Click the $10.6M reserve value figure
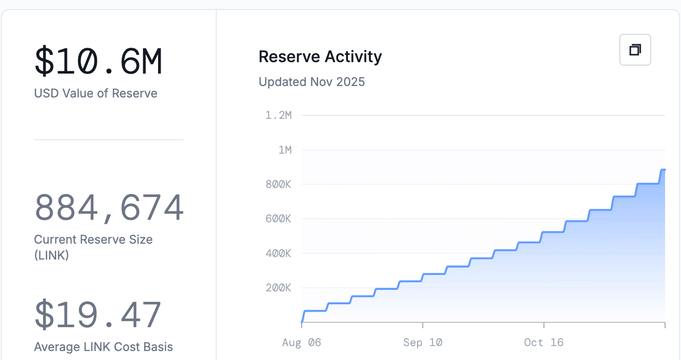tap(98, 62)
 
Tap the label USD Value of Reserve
tap(95, 93)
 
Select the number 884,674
tap(109, 208)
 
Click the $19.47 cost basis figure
tap(97, 314)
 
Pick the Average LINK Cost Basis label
tap(103, 347)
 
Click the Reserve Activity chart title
tap(320, 57)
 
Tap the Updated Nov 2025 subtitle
tap(312, 82)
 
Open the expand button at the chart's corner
tap(635, 50)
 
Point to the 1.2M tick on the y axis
tap(278, 115)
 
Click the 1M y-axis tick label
tap(285, 150)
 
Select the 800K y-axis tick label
tap(278, 184)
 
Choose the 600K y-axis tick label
tap(278, 219)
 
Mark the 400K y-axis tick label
tap(278, 253)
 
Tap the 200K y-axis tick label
tap(278, 288)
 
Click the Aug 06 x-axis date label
tap(301, 343)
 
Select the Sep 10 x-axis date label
tap(423, 343)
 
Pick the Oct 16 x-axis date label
tap(544, 343)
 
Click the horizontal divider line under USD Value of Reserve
tap(108, 140)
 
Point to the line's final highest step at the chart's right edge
tap(663, 170)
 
